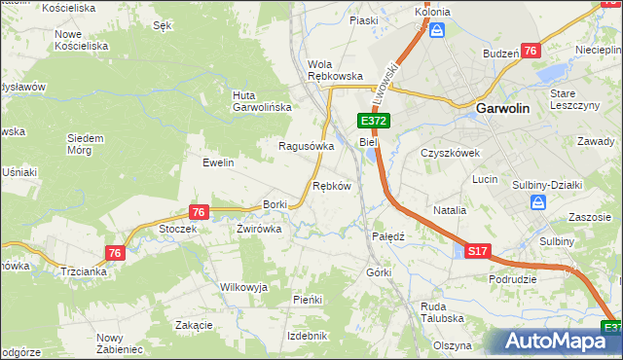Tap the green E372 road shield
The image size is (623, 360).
point(374,121)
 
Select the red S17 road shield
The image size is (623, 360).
point(477,251)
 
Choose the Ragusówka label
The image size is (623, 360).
point(306,146)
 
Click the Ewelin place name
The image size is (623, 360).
point(218,162)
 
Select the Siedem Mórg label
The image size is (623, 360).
point(85,144)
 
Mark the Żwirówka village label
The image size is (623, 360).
point(259,229)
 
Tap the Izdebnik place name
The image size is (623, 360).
point(307,335)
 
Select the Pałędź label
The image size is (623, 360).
point(388,235)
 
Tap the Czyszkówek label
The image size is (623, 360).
point(449,153)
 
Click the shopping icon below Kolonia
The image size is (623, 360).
point(437,31)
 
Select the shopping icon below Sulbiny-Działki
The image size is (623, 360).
point(538,202)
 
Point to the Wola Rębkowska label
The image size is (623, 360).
point(335,70)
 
